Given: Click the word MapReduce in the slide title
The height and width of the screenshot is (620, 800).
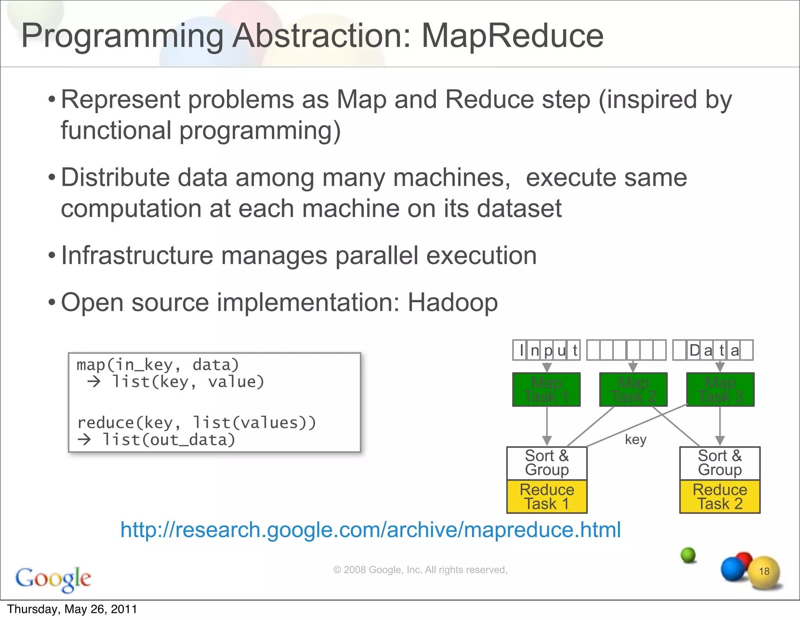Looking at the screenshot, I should click(x=512, y=36).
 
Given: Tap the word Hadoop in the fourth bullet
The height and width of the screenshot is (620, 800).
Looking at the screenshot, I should click(x=452, y=303).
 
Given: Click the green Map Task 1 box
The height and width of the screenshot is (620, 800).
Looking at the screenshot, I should click(x=546, y=390).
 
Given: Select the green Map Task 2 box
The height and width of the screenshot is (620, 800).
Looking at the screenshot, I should click(x=633, y=390).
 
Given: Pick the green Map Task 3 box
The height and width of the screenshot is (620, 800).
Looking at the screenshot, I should click(x=720, y=390).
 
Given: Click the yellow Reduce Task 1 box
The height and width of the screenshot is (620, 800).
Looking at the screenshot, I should click(x=546, y=497).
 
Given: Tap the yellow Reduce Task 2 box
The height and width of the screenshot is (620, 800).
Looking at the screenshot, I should click(x=720, y=497).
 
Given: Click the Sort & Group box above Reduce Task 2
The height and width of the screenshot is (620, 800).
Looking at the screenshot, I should click(x=720, y=463).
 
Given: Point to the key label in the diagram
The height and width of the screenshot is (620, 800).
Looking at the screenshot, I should click(x=636, y=440).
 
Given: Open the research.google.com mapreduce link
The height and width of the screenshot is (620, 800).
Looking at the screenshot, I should click(x=370, y=530).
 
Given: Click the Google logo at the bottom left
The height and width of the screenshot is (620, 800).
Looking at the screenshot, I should click(x=53, y=579).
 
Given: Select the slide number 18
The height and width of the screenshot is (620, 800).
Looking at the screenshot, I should click(x=764, y=571).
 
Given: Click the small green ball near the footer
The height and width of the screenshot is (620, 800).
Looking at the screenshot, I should click(x=688, y=555).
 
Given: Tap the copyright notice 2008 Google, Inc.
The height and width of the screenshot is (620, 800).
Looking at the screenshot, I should click(x=420, y=570).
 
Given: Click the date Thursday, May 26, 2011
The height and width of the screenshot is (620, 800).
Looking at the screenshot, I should click(x=72, y=609).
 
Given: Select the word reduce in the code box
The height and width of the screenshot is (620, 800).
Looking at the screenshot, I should click(x=106, y=423).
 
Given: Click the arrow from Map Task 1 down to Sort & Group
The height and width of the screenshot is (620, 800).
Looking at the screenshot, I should click(x=547, y=426).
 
